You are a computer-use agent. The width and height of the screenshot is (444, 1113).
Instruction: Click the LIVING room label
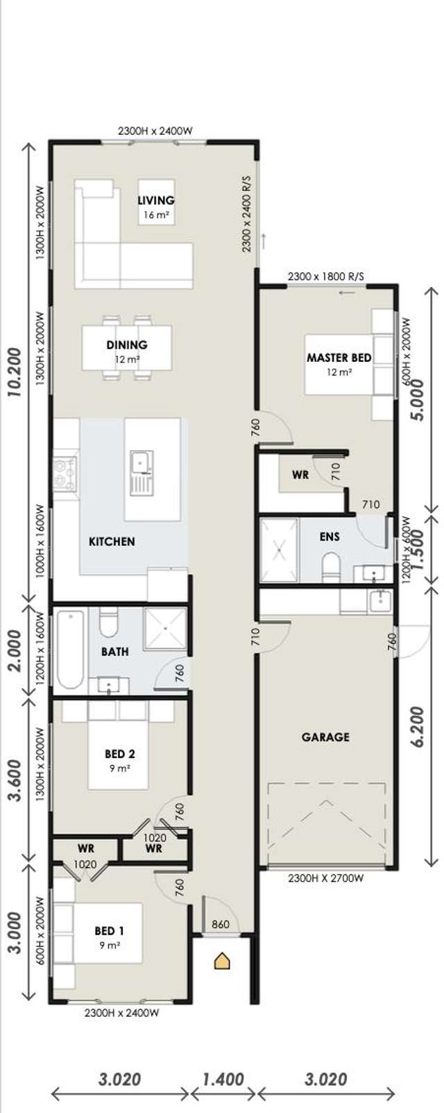click(x=155, y=201)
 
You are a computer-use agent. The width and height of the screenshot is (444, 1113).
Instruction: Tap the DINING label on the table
click(x=127, y=345)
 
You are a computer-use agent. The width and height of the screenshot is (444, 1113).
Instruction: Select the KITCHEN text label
click(x=112, y=541)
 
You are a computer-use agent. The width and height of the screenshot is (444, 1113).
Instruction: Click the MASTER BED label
click(x=339, y=358)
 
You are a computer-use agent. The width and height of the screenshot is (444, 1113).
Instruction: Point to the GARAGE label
click(x=325, y=736)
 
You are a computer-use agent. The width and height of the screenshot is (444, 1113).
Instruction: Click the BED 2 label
click(x=119, y=754)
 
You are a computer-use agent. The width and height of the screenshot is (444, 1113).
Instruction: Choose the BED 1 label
click(x=110, y=931)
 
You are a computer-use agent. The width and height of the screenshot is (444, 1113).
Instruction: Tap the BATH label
click(x=114, y=652)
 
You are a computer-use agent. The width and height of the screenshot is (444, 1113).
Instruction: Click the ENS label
click(x=330, y=536)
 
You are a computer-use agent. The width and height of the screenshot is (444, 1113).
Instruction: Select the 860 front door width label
click(x=220, y=924)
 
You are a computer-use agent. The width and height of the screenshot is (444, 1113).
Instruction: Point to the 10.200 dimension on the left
click(x=15, y=372)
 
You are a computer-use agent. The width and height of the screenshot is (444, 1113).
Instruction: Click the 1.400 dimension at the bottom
click(x=223, y=1079)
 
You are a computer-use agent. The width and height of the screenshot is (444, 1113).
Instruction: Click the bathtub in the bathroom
click(x=70, y=650)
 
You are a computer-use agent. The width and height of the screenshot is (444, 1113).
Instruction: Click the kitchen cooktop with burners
click(x=65, y=472)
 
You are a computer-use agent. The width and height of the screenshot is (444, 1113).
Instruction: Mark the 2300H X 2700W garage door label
click(x=325, y=878)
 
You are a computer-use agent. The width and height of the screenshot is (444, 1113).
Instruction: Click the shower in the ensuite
click(x=278, y=550)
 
